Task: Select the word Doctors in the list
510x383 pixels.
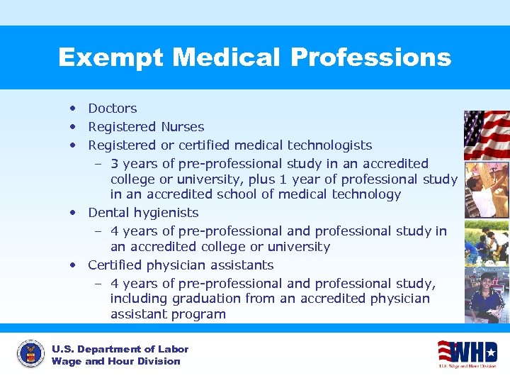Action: coord(113,109)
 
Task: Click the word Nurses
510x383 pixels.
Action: coord(182,127)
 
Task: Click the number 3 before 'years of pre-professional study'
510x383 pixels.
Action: coord(115,164)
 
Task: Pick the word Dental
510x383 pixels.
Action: coord(108,213)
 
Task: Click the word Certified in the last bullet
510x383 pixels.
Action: coord(115,265)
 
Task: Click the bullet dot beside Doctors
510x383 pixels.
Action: coord(73,109)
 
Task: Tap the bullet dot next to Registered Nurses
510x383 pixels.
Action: coord(73,127)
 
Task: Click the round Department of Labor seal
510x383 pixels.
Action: coord(30,354)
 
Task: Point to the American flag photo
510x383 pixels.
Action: coord(486,134)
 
